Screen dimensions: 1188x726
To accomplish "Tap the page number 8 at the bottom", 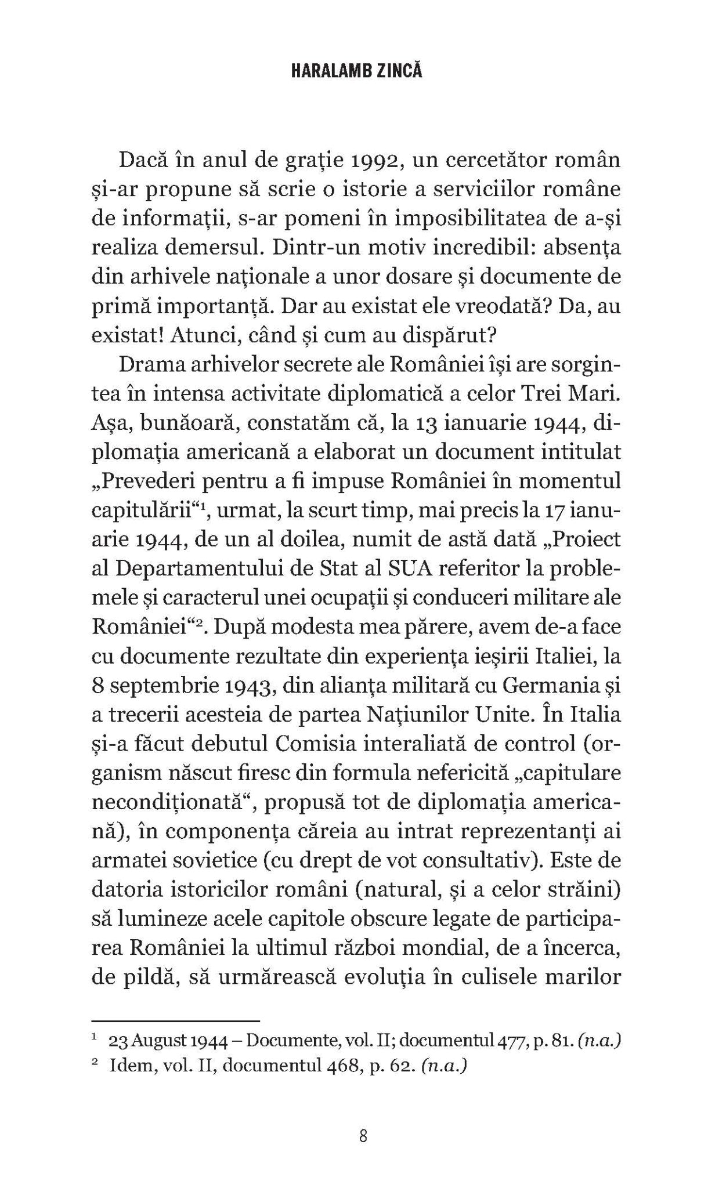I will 363,1136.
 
